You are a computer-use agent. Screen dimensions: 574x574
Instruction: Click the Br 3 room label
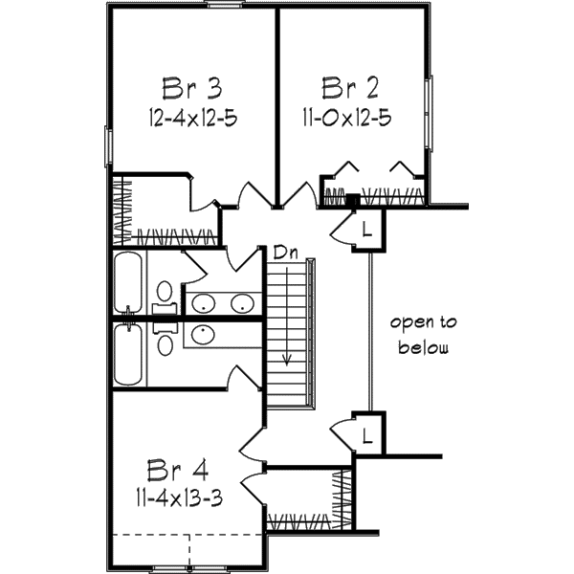[x=191, y=89]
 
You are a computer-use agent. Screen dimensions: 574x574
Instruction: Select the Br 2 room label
[x=351, y=89]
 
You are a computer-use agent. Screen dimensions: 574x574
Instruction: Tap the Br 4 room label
[x=178, y=470]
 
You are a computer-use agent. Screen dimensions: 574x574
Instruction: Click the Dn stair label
[x=284, y=254]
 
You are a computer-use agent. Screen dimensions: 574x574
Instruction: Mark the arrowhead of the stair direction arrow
[x=286, y=361]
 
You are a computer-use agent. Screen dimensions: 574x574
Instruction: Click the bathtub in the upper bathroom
[x=128, y=283]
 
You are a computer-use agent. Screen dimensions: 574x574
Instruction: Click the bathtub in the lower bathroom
[x=128, y=355]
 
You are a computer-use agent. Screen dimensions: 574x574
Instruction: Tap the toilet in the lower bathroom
[x=165, y=342]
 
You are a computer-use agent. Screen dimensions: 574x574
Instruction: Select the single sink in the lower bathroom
[x=202, y=334]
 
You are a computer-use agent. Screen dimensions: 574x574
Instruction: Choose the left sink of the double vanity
[x=203, y=304]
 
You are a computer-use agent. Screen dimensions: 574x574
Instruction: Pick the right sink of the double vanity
[x=241, y=304]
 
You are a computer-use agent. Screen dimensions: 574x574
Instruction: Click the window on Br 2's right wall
[x=430, y=112]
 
